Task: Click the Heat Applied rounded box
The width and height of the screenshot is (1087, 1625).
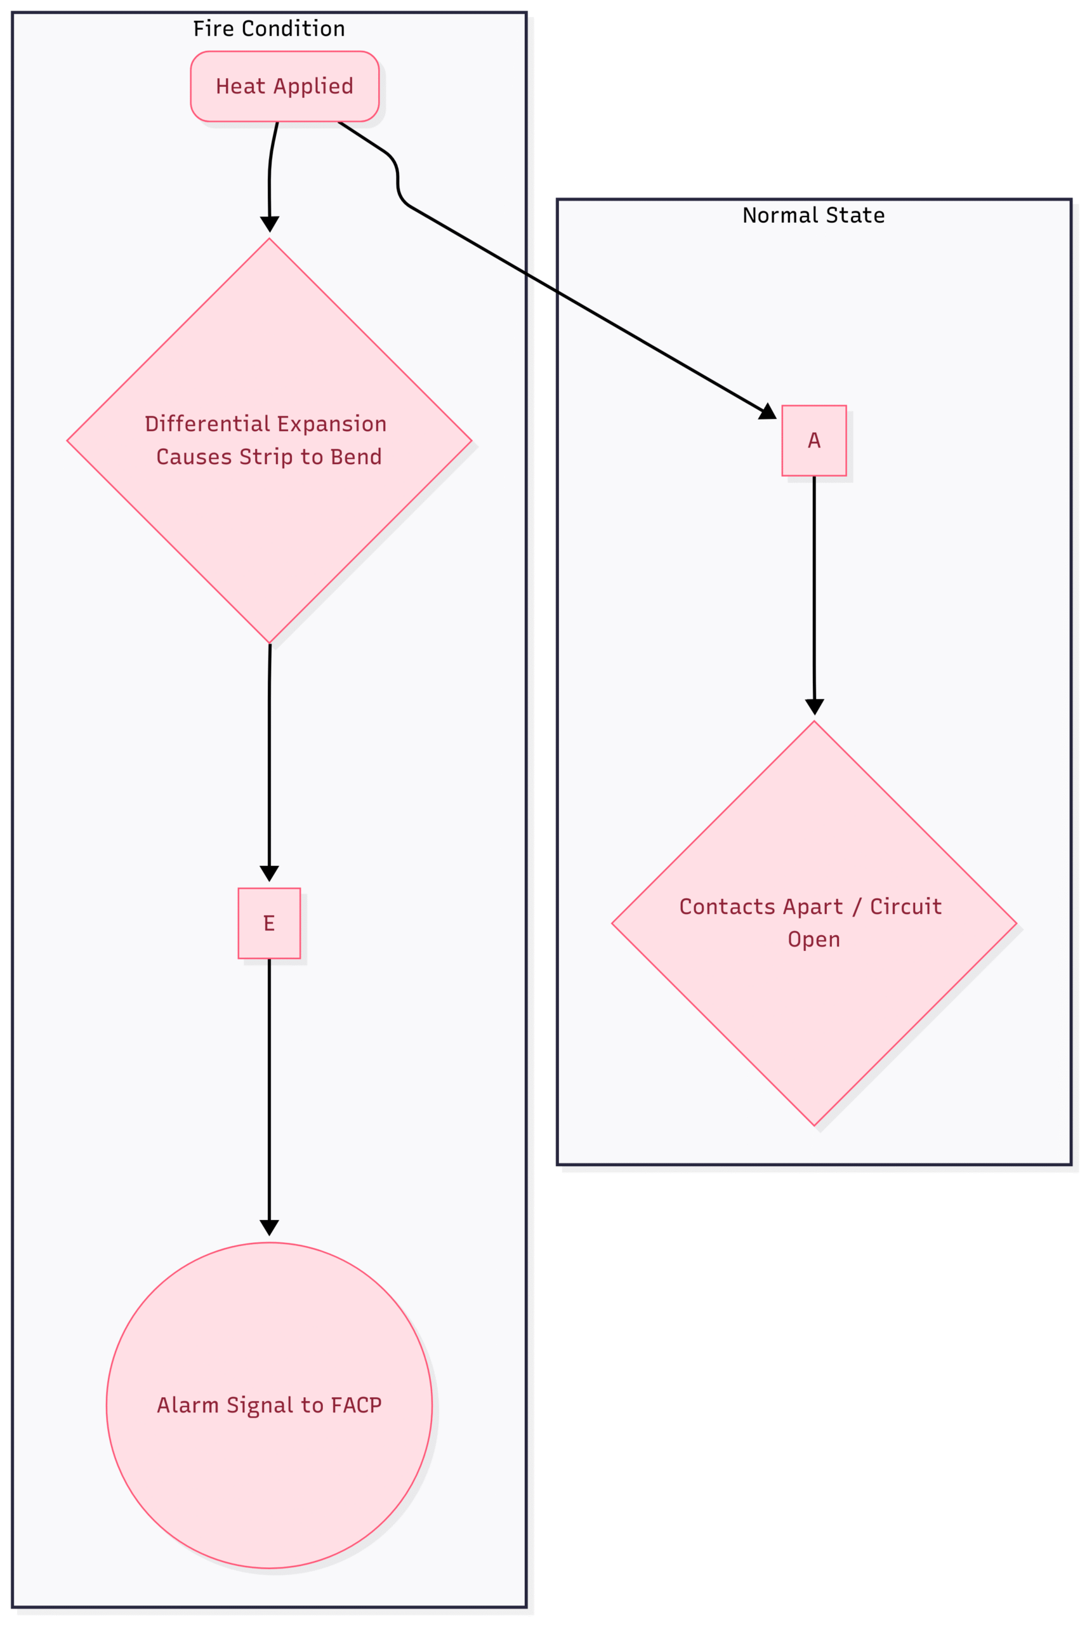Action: tap(285, 87)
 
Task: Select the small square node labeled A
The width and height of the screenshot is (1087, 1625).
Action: tap(814, 441)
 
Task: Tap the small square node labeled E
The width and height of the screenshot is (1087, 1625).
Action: tap(269, 924)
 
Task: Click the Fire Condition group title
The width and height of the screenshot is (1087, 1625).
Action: tap(269, 29)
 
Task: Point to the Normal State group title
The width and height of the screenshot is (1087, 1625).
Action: tap(814, 216)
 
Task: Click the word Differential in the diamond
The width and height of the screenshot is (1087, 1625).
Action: tap(208, 423)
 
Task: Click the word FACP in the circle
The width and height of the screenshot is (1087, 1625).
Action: tap(357, 1405)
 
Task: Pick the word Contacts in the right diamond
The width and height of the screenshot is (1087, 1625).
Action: tap(727, 907)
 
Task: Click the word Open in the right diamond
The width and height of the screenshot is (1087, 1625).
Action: tap(814, 940)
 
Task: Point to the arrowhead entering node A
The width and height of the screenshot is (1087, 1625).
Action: tap(768, 412)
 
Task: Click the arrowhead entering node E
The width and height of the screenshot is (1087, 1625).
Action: tap(269, 873)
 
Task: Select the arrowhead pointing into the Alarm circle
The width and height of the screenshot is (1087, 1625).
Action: tap(269, 1228)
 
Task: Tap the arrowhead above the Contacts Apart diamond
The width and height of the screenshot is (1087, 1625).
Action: tap(815, 706)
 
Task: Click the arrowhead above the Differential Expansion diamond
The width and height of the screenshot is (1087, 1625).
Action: tap(270, 224)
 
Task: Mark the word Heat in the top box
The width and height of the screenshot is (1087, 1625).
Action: tap(241, 87)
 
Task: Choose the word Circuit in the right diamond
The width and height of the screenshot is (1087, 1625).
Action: tap(906, 907)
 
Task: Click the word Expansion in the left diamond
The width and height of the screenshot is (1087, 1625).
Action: tap(332, 424)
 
